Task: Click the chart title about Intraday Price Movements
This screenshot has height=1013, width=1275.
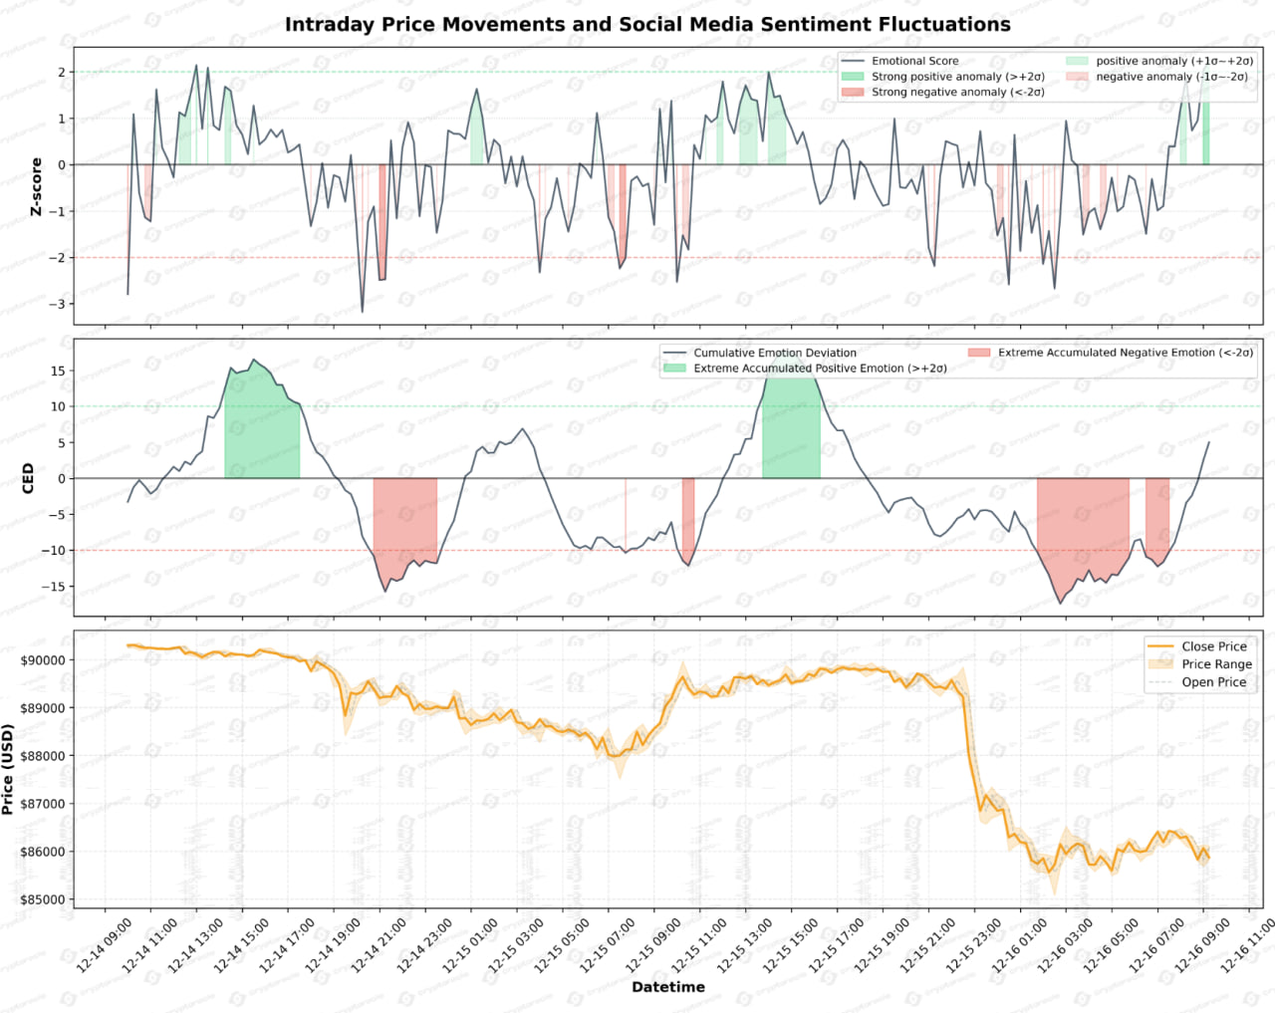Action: (x=647, y=25)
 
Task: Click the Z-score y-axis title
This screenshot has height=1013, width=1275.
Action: (x=37, y=186)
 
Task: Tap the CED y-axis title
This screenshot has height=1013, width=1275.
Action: (x=28, y=478)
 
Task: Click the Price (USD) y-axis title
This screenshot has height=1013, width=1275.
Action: (x=9, y=770)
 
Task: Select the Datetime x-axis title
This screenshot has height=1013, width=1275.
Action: (x=668, y=987)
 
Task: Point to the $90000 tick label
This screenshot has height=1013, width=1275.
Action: (x=43, y=660)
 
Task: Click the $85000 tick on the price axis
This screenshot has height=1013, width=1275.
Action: (x=43, y=899)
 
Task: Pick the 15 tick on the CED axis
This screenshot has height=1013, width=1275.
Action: (x=58, y=371)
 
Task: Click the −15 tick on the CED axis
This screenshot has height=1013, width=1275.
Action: (x=54, y=587)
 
